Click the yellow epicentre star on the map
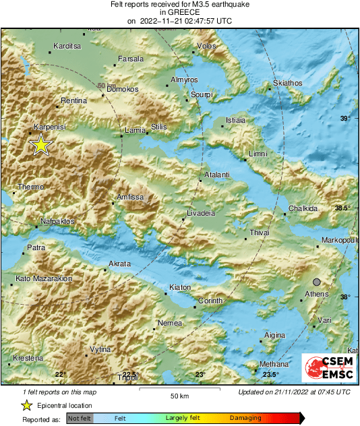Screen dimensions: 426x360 [40, 145]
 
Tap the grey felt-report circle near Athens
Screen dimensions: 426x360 [317, 282]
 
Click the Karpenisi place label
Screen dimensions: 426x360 [50, 127]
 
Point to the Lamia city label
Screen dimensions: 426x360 [136, 130]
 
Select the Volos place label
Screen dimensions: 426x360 [206, 47]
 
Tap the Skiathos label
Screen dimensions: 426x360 [287, 84]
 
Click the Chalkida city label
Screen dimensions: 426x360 [303, 208]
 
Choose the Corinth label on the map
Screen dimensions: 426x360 [210, 301]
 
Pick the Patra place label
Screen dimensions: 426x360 [36, 248]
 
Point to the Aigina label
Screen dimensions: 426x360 [274, 335]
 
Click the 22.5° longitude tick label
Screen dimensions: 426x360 [131, 375]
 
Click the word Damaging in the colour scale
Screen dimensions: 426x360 [245, 419]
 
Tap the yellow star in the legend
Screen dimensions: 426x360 [26, 406]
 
